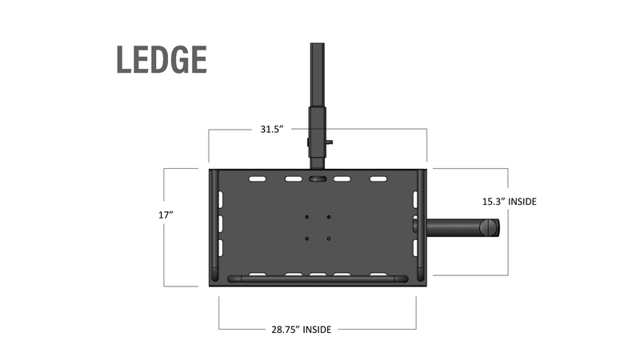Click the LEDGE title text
click(162, 60)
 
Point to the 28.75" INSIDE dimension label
click(297, 328)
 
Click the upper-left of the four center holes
click(307, 216)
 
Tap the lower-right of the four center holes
click(328, 238)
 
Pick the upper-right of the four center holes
click(328, 216)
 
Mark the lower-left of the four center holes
click(307, 238)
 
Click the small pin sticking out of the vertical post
click(329, 142)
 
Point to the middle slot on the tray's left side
click(221, 222)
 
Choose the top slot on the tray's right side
click(415, 198)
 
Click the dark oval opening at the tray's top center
click(318, 180)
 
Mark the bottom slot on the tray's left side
click(221, 246)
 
